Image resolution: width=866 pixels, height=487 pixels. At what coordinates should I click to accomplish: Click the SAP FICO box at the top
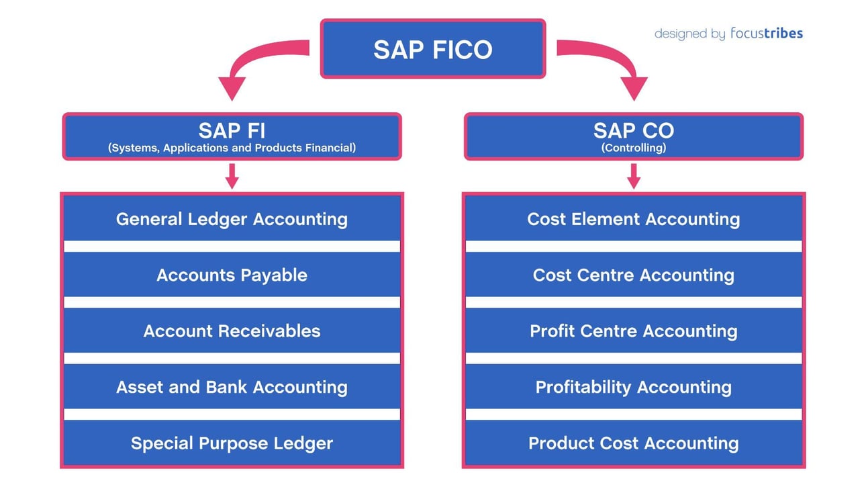click(433, 49)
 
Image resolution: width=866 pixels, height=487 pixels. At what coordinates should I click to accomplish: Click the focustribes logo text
click(766, 34)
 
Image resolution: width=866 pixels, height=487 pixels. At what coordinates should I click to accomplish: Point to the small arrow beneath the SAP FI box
click(232, 176)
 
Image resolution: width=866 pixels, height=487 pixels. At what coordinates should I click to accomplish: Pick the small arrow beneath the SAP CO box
click(633, 176)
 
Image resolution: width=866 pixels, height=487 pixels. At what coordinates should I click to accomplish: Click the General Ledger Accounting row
click(232, 219)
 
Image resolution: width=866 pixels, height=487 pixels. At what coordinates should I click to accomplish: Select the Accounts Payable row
click(232, 275)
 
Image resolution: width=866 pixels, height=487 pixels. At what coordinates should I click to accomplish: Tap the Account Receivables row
click(232, 331)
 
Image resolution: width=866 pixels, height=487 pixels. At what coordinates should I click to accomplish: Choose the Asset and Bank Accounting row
click(232, 387)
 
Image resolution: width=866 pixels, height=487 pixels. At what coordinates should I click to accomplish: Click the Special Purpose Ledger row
click(232, 443)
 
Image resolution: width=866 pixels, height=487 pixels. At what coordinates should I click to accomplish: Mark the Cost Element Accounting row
click(633, 219)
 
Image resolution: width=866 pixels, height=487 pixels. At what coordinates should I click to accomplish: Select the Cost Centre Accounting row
click(633, 275)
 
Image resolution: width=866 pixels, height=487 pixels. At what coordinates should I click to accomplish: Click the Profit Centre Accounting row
click(633, 331)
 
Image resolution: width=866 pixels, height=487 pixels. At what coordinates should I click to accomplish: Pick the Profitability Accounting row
click(633, 387)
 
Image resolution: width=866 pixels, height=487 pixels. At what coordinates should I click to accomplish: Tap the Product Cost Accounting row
click(633, 443)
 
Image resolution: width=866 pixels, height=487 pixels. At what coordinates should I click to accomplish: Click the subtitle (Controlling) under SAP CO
click(633, 148)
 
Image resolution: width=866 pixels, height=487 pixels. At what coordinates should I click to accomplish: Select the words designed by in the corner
click(689, 34)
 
